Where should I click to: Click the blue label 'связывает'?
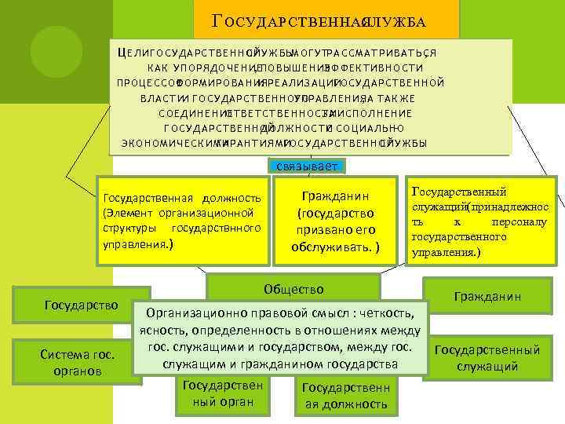point(306,166)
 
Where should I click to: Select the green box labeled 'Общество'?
point(293,289)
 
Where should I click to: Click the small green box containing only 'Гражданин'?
point(488,297)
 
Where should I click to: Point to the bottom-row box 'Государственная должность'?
point(344,396)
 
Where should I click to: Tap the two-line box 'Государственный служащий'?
point(487,358)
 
